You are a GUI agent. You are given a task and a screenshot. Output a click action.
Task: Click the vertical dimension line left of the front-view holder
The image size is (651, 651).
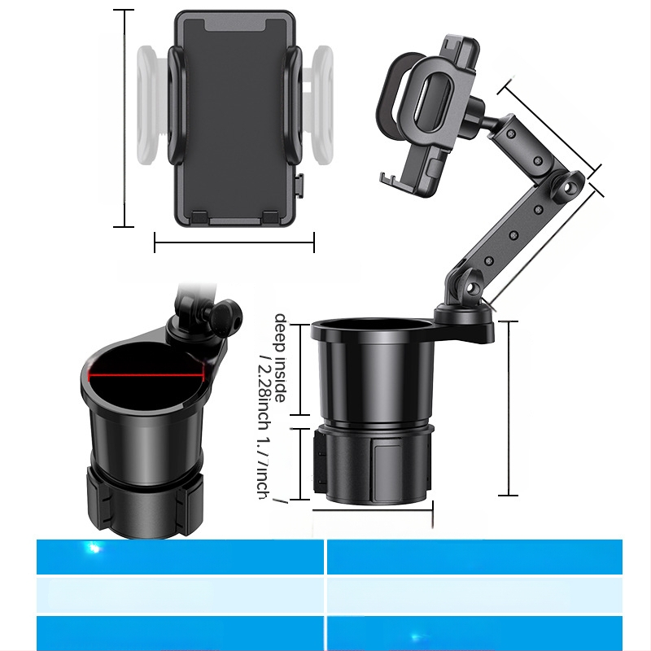[x=124, y=118]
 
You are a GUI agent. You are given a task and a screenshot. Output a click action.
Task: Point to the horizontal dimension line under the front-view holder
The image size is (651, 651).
[x=234, y=241]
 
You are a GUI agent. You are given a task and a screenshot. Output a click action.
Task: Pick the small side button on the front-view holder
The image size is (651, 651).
[x=299, y=185]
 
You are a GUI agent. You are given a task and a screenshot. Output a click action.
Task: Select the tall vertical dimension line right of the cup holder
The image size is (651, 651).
[x=508, y=408]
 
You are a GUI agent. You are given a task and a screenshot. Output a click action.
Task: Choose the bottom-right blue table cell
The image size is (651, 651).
[x=474, y=633]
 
